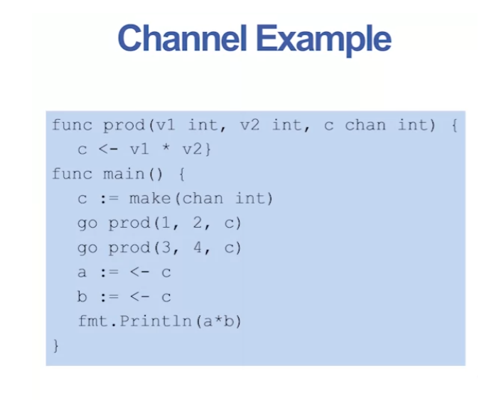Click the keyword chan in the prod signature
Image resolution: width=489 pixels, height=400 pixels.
tap(365, 126)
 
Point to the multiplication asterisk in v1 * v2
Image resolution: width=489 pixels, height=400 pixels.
tap(165, 150)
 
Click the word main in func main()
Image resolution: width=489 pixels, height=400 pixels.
tap(124, 174)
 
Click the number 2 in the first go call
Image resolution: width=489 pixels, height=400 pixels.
tap(195, 223)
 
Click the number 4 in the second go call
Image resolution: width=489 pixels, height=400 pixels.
tap(195, 248)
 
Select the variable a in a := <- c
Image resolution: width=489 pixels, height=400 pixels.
tap(82, 272)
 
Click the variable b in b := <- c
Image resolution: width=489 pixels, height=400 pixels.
tap(82, 296)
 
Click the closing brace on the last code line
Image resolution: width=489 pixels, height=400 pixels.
tap(56, 346)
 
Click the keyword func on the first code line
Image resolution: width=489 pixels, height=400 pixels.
tap(72, 126)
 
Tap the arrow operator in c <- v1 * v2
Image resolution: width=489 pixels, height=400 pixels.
tap(108, 150)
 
